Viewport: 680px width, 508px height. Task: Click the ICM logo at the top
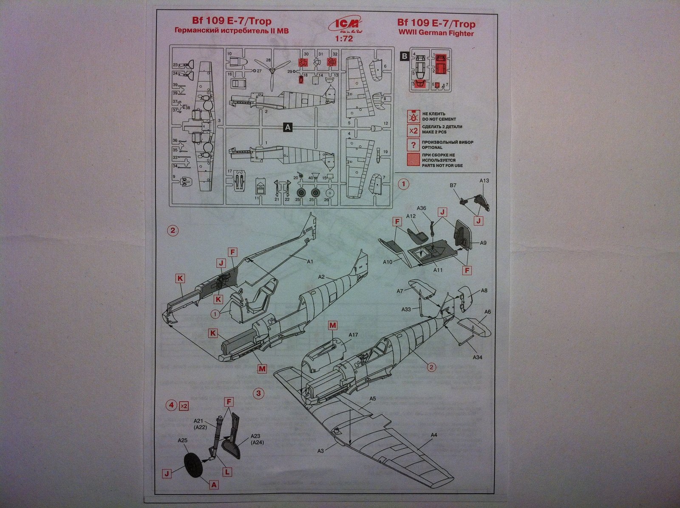(340, 26)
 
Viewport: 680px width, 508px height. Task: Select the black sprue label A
(288, 127)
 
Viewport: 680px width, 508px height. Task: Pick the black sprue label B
(404, 56)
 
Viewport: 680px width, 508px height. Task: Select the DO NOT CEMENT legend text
(436, 119)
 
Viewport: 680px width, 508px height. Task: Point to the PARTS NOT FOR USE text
(442, 165)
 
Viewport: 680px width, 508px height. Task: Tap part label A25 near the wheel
(182, 441)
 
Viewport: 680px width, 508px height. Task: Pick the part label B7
(453, 185)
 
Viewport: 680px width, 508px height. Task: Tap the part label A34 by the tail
(477, 357)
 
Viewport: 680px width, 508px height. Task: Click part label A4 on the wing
(434, 435)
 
